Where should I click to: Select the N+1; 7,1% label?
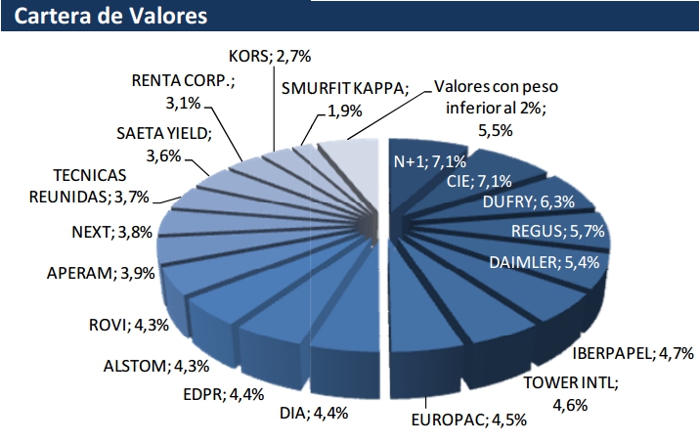426,161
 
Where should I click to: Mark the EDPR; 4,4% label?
223,394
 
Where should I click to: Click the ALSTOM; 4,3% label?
155,367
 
